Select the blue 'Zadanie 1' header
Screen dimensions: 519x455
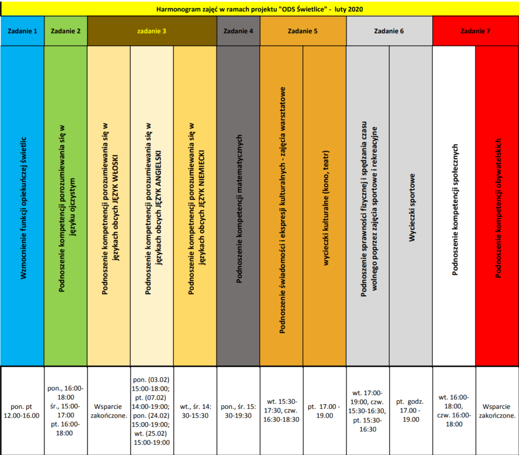pyautogui.click(x=22, y=31)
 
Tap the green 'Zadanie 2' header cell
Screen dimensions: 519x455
pyautogui.click(x=65, y=31)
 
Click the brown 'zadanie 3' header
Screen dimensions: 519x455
pyautogui.click(x=152, y=31)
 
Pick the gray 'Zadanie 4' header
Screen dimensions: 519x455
pyautogui.click(x=238, y=31)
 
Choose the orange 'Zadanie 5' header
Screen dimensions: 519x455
pyautogui.click(x=303, y=31)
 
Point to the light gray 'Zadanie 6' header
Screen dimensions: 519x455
pyautogui.click(x=389, y=31)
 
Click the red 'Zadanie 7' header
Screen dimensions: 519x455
pyautogui.click(x=475, y=31)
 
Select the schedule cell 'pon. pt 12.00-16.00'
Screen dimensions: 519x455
pyautogui.click(x=22, y=411)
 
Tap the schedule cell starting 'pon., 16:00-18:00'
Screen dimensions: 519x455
pyautogui.click(x=65, y=411)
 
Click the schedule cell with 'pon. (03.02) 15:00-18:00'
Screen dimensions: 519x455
pyautogui.click(x=152, y=411)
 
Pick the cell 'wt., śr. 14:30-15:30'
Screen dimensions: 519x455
pyautogui.click(x=195, y=411)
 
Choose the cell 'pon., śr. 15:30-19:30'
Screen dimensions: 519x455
pyautogui.click(x=238, y=411)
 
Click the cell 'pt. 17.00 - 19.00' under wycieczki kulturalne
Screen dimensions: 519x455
pyautogui.click(x=324, y=411)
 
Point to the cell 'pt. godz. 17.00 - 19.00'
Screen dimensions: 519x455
pyautogui.click(x=411, y=411)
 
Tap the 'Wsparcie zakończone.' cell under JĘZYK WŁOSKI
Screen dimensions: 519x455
pyautogui.click(x=109, y=411)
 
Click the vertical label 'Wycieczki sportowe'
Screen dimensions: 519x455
pyautogui.click(x=412, y=207)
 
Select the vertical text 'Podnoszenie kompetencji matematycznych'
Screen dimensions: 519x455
pyautogui.click(x=239, y=208)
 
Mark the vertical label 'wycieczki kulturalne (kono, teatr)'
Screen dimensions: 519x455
pyautogui.click(x=326, y=208)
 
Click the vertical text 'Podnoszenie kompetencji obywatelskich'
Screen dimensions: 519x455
pyautogui.click(x=498, y=208)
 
